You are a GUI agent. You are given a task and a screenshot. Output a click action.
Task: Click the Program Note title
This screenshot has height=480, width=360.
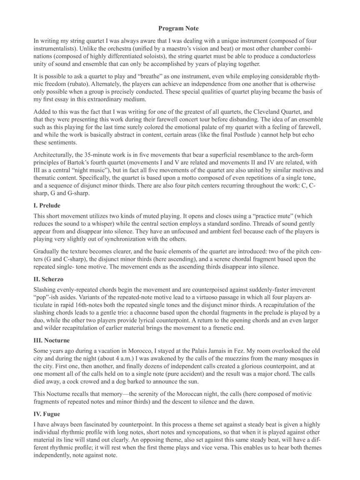pyautogui.click(x=178, y=28)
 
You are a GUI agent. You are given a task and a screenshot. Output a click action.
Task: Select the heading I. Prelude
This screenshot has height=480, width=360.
pyautogui.click(x=47, y=205)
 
